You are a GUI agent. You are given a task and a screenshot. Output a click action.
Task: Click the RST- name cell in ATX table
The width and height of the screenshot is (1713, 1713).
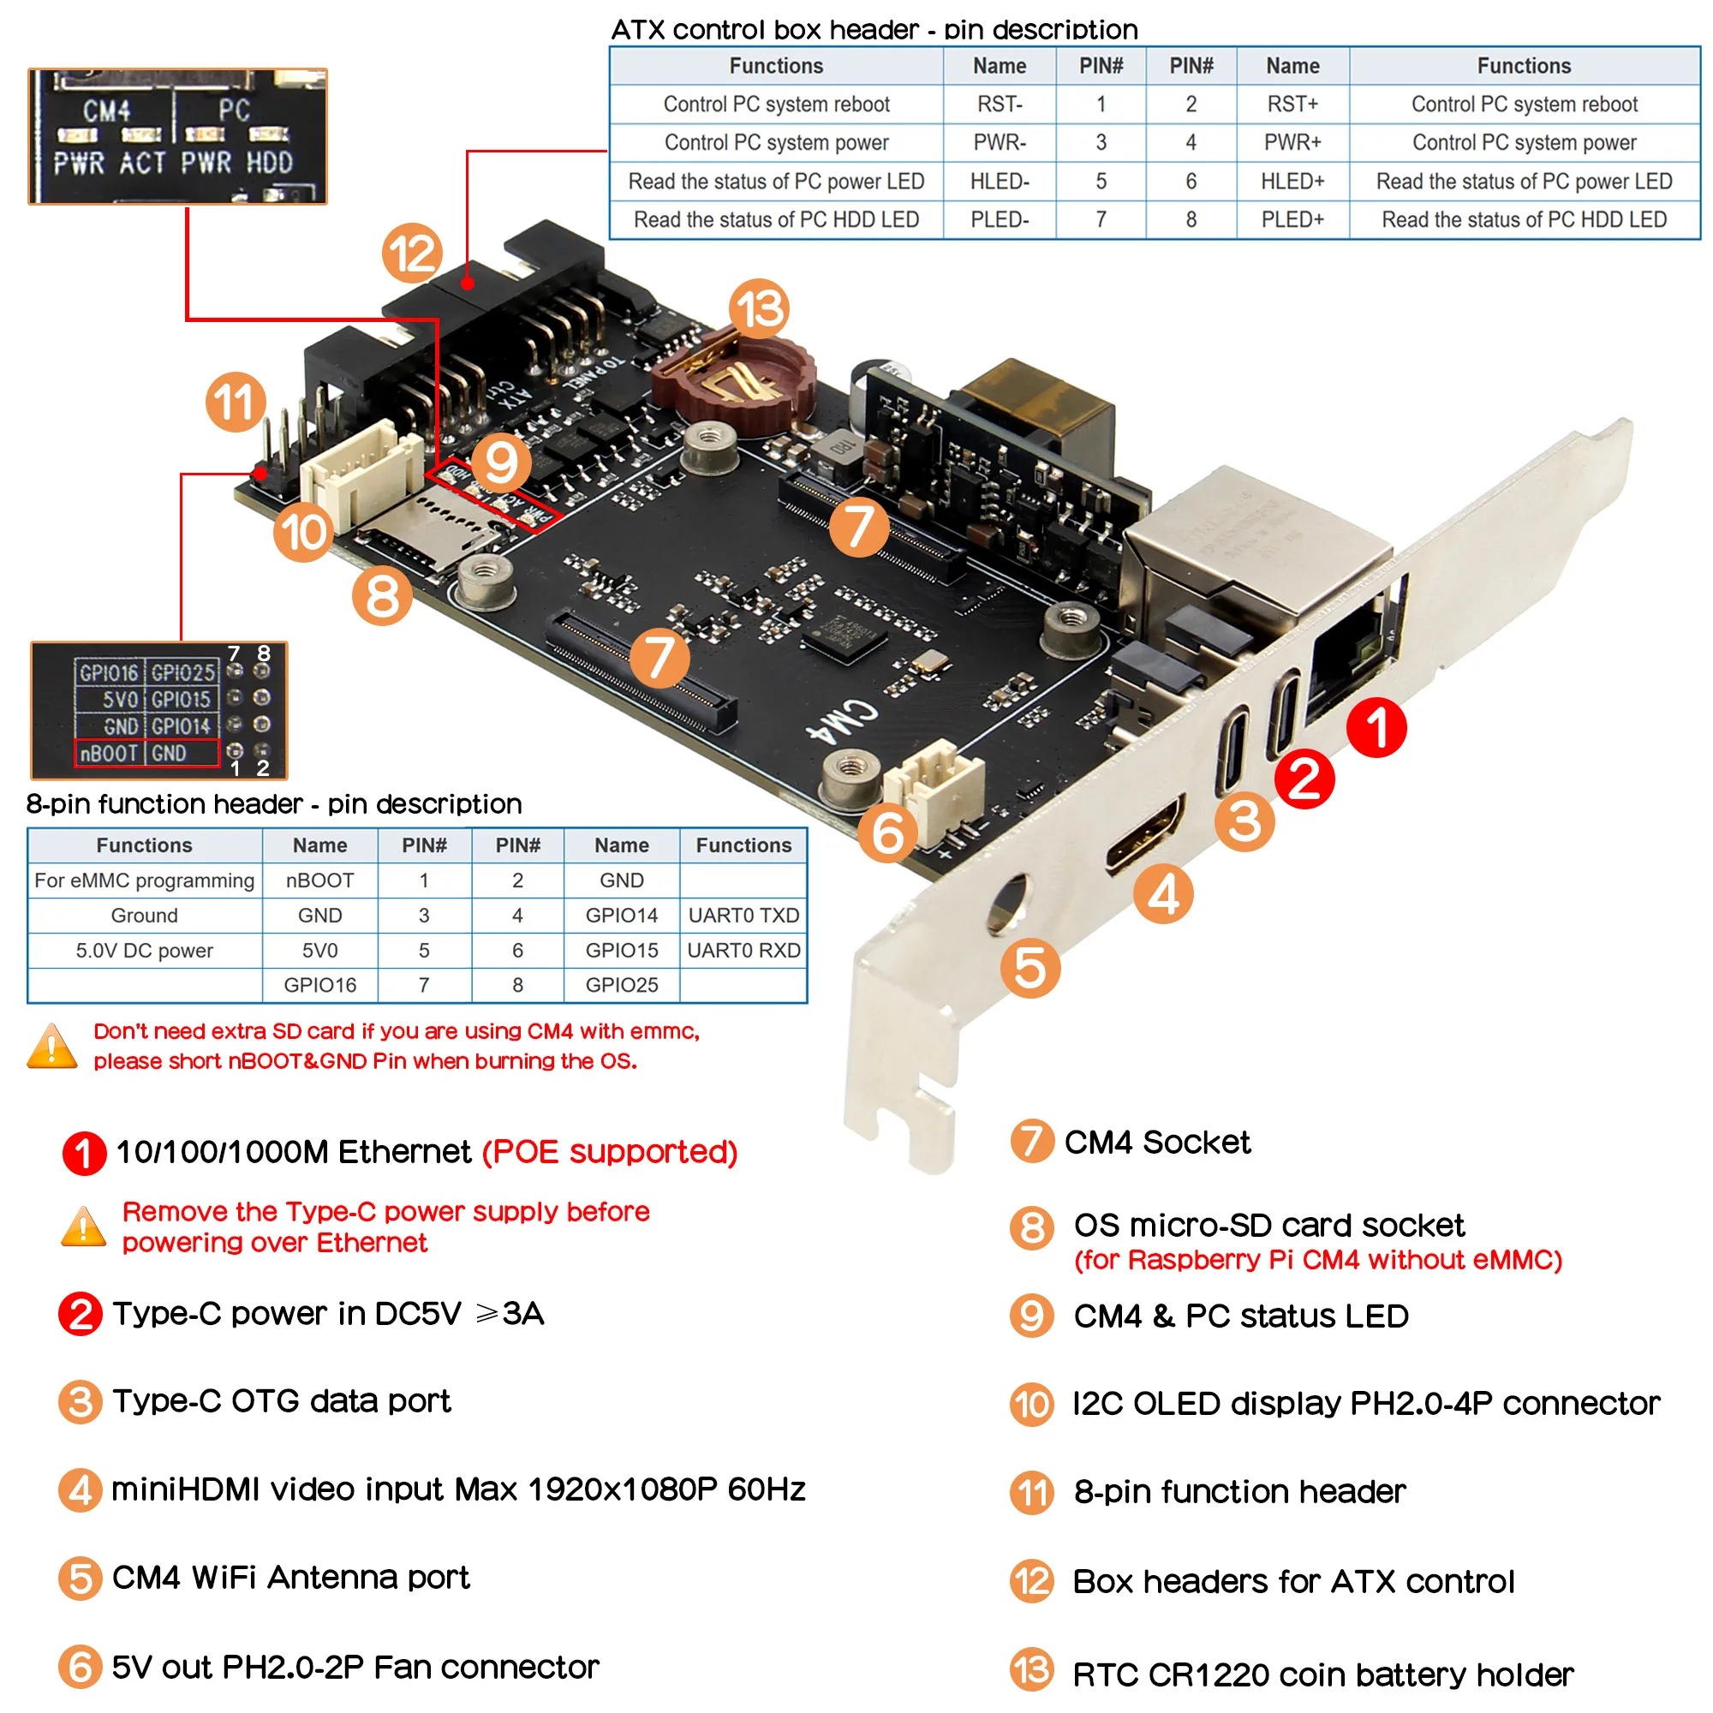(x=1000, y=104)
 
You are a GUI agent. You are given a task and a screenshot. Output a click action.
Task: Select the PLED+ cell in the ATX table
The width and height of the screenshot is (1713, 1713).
(x=1292, y=219)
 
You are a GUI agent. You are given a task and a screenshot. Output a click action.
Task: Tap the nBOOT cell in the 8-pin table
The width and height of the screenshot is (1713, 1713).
(x=319, y=880)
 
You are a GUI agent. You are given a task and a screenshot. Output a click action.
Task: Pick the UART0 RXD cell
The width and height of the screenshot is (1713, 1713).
(x=743, y=951)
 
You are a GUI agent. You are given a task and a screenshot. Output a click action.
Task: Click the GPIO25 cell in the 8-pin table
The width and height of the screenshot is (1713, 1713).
(x=622, y=985)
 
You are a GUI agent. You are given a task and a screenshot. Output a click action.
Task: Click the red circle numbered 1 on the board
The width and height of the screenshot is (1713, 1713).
(x=1376, y=727)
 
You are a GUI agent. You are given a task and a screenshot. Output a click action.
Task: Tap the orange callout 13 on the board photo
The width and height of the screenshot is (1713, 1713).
(x=760, y=308)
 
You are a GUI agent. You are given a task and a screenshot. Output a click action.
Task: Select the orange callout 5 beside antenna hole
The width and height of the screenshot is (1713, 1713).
(x=1030, y=967)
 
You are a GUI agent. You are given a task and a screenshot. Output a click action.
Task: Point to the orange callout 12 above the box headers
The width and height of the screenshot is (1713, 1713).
(x=412, y=253)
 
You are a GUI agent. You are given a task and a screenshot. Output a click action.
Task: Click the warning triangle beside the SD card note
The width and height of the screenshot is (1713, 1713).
(x=52, y=1047)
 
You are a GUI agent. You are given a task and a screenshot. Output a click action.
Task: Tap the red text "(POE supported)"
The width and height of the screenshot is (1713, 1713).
(x=609, y=1152)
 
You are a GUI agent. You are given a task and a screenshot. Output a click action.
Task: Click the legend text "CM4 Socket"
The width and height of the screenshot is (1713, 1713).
(x=1156, y=1142)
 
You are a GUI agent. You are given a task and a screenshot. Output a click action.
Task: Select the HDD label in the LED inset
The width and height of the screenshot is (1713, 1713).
(x=270, y=163)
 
